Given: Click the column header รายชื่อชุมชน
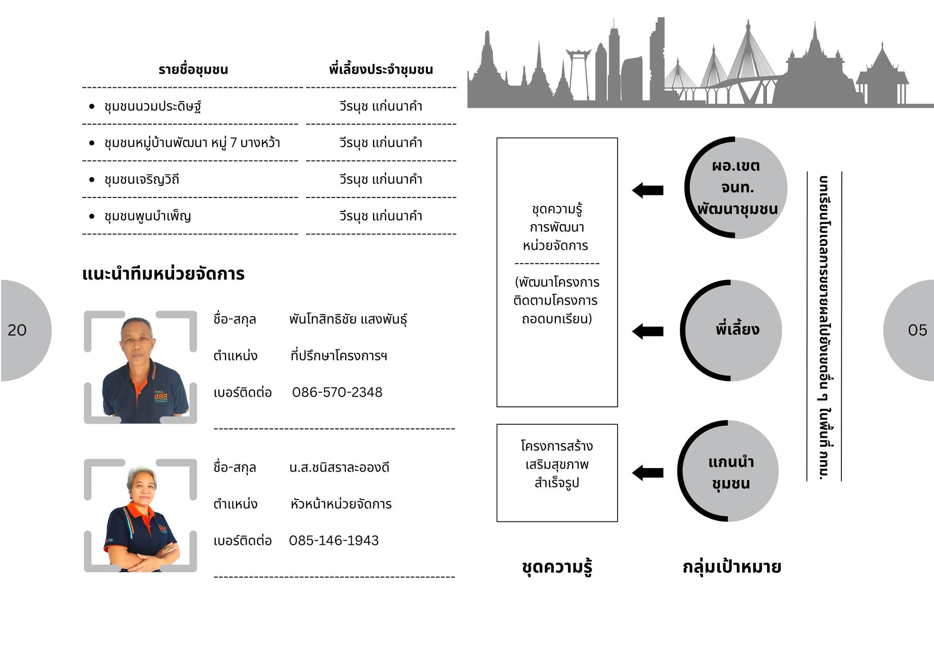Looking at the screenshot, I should (193, 70).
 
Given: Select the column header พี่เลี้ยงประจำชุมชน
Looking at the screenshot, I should (381, 70).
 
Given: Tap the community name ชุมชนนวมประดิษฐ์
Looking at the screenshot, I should (152, 107).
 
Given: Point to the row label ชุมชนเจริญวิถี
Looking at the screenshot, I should (141, 179).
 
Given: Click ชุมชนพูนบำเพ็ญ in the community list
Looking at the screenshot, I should (147, 216).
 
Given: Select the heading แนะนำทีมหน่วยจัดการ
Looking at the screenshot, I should (163, 274).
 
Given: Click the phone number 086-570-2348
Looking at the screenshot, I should (337, 392).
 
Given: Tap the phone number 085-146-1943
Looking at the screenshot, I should (334, 540).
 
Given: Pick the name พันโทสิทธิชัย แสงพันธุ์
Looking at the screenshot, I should (348, 319).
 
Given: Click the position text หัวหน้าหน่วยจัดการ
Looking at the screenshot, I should (341, 504).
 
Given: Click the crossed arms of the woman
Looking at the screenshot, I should (149, 554).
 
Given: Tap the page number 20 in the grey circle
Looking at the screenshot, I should (17, 330).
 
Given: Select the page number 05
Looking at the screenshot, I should (917, 330).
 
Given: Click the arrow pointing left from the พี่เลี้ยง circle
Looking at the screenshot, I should (648, 331).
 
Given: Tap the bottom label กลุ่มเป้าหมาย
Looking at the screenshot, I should (731, 567).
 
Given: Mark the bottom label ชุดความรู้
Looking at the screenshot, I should (557, 567).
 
